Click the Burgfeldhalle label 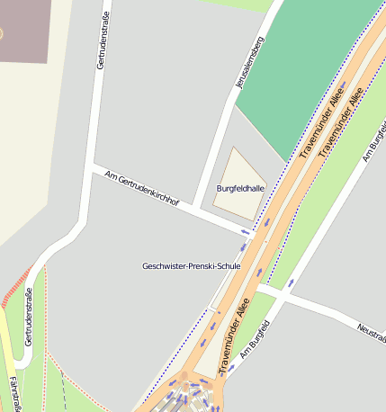(240, 188)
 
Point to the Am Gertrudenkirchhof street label (142, 189)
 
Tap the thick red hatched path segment (14, 289)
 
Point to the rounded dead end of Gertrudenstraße (21, 356)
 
